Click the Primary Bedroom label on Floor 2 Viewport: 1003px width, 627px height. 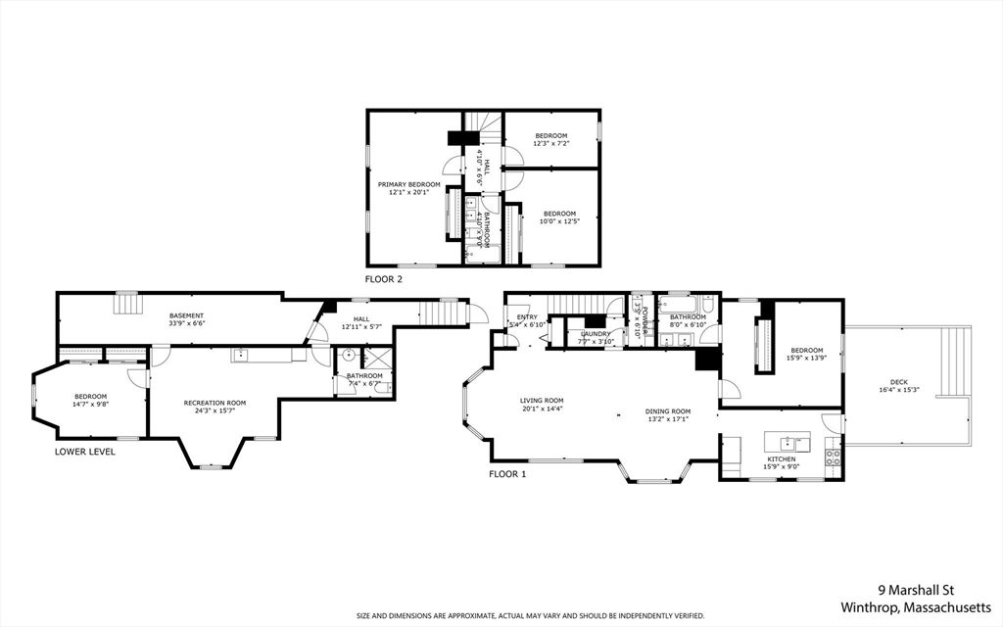point(409,188)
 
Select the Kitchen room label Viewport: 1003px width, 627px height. point(782,462)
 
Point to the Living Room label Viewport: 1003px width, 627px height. point(542,404)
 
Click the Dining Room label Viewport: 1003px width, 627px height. point(668,414)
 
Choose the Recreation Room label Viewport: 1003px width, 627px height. point(215,406)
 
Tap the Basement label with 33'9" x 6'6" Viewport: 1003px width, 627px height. point(186,319)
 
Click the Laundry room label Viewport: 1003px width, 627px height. point(595,337)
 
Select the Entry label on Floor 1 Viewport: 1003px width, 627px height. point(527,320)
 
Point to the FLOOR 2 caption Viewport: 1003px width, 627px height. point(383,279)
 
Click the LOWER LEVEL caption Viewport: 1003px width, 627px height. point(84,452)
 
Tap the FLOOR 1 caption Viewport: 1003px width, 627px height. point(507,474)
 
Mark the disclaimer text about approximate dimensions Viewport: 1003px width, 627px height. point(530,616)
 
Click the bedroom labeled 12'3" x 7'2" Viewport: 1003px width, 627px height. point(550,139)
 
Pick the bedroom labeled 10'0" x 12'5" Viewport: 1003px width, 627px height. point(559,217)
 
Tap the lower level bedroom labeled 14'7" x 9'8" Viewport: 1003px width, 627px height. point(90,400)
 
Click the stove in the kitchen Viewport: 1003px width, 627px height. point(834,455)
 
